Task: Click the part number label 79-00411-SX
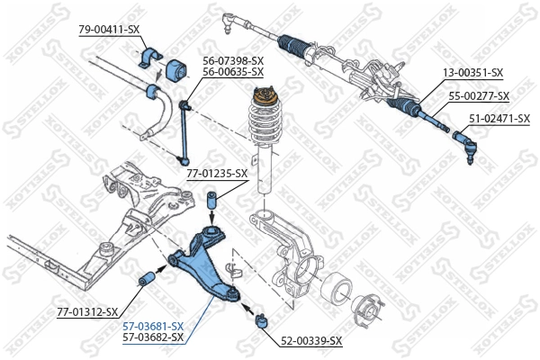tap(109, 30)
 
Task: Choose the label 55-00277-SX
tap(479, 95)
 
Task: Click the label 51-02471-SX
tap(498, 118)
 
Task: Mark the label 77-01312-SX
tap(87, 311)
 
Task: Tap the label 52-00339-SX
tap(311, 341)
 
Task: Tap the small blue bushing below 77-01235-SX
tap(211, 199)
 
